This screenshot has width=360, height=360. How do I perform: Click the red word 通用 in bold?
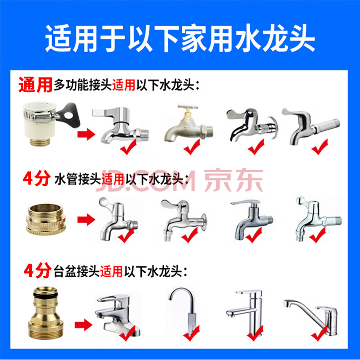click(x=35, y=85)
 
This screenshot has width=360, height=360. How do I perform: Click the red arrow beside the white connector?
click(x=86, y=134)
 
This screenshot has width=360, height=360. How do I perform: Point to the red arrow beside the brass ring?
click(x=86, y=220)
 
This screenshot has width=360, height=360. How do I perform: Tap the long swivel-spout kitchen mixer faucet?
click(x=311, y=317)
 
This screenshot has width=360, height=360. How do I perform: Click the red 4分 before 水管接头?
click(x=36, y=178)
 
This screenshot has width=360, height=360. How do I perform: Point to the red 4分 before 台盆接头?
click(x=37, y=271)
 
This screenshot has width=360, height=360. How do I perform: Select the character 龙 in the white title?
click(x=275, y=38)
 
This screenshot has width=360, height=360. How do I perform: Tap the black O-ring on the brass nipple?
click(x=45, y=296)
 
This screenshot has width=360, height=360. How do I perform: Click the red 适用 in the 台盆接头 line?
click(x=111, y=272)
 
